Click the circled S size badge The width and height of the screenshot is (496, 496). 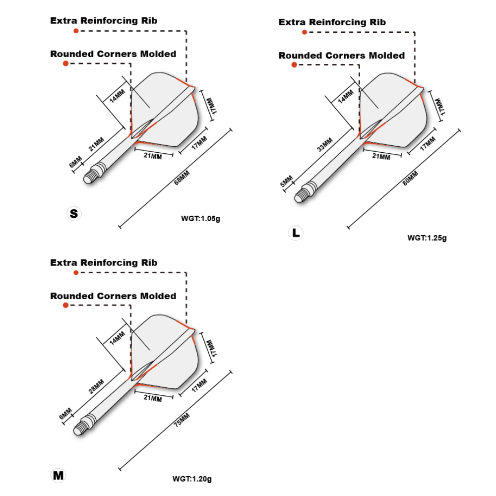(x=74, y=214)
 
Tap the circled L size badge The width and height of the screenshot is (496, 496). (x=296, y=232)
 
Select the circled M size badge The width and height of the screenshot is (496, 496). (x=59, y=475)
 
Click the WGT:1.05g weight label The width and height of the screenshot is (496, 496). (x=200, y=217)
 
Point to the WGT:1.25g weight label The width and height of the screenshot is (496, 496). (x=427, y=238)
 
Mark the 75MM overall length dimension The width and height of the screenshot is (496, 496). (x=181, y=420)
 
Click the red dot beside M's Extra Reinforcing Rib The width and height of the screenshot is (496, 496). (x=76, y=272)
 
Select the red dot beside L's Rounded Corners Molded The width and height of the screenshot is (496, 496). (x=294, y=64)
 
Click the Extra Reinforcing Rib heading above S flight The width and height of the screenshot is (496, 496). (x=104, y=20)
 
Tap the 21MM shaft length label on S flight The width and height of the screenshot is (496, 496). (x=96, y=143)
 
